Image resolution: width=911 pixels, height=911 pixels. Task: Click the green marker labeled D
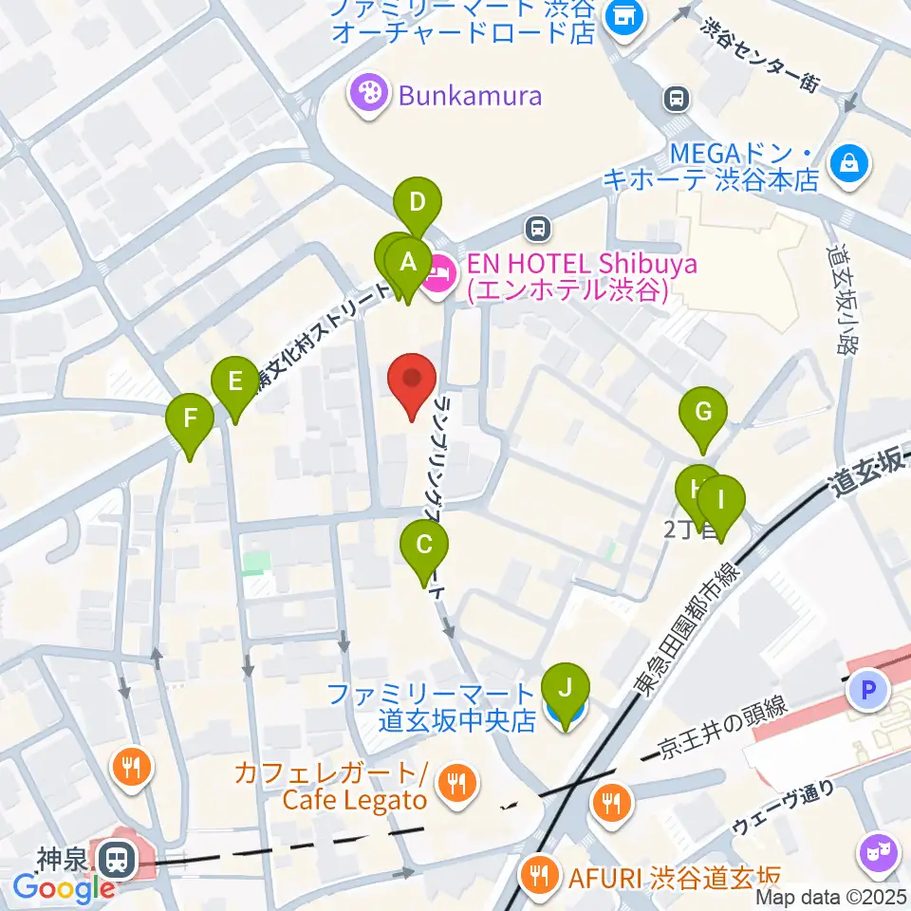418,202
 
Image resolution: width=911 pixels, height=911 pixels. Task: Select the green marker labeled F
190,418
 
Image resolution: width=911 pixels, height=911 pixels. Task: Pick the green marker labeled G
703,413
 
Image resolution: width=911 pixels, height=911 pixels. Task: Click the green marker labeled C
424,546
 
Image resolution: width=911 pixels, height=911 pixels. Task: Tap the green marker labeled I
721,499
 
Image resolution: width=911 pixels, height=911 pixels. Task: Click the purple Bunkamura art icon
365,95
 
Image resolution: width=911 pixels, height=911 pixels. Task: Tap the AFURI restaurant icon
539,876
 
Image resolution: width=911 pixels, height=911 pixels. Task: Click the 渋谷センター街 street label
759,55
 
